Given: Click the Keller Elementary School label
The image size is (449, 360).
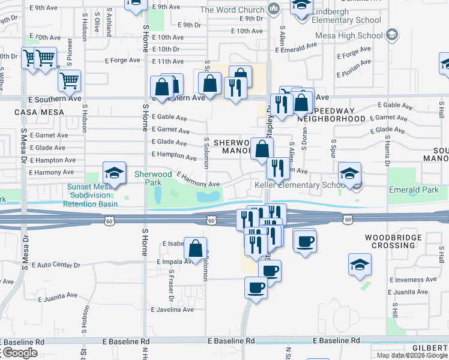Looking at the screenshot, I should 299,185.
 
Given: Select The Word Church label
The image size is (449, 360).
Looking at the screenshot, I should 232,10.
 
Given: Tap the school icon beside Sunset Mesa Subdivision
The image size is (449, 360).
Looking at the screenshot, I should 114,173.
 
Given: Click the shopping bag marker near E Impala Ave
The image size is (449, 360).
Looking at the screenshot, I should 196,248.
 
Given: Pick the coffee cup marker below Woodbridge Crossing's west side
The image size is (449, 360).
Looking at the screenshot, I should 305,241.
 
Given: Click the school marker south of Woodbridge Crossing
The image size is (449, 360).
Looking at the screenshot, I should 360,264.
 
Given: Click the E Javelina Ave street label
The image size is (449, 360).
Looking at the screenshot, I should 172,310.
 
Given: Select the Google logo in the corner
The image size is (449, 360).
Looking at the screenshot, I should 19,353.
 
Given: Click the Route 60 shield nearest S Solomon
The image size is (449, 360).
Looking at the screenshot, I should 211,221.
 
